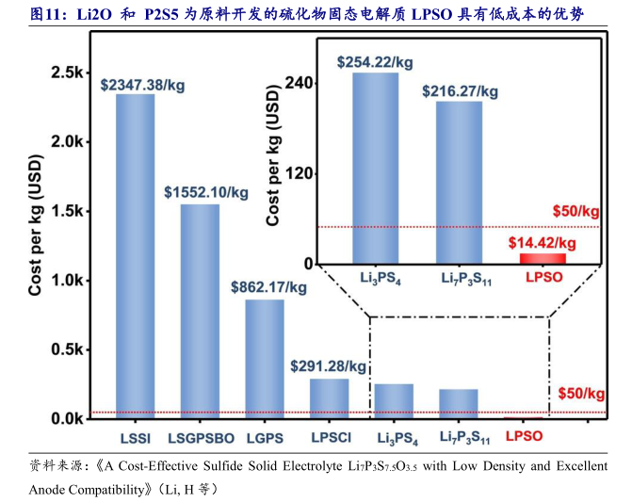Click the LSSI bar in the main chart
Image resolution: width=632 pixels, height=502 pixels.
[136, 254]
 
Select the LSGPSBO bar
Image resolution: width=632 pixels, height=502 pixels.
[200, 311]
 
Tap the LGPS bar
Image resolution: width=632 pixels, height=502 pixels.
[265, 358]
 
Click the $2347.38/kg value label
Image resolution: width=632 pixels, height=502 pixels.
[141, 84]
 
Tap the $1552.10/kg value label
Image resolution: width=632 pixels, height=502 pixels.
[206, 192]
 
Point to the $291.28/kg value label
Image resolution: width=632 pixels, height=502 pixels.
[329, 365]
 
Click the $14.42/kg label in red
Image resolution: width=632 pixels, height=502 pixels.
[542, 243]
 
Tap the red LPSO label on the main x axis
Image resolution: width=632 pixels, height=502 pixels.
[525, 437]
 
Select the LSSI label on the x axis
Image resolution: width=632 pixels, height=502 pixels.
[136, 437]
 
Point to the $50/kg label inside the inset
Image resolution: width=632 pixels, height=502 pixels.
[575, 210]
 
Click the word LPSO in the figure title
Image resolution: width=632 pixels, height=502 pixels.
[433, 14]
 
